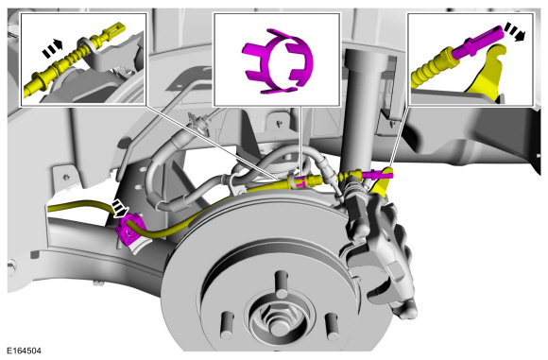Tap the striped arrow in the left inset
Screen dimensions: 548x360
[52, 48]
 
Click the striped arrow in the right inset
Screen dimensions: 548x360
[514, 32]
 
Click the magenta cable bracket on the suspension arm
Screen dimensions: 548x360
[128, 231]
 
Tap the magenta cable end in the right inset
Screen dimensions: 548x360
[480, 42]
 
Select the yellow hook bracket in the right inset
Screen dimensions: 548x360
[487, 76]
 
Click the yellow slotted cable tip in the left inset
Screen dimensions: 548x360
[112, 30]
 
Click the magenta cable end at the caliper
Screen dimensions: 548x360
[375, 173]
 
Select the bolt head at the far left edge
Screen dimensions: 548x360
[10, 267]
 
